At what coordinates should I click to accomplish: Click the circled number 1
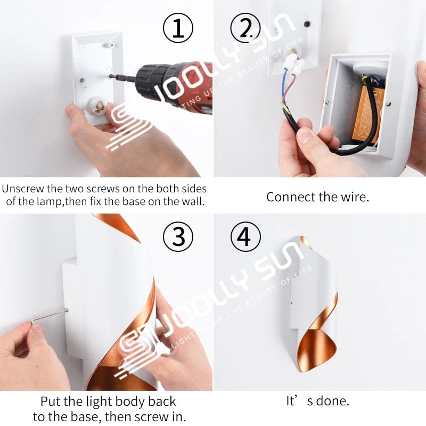[x=177, y=28]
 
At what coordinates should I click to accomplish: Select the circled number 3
[x=177, y=237]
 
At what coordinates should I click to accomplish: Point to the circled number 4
[x=244, y=237]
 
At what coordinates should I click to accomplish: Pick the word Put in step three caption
[x=51, y=402]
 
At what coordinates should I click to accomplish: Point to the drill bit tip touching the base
[x=111, y=77]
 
